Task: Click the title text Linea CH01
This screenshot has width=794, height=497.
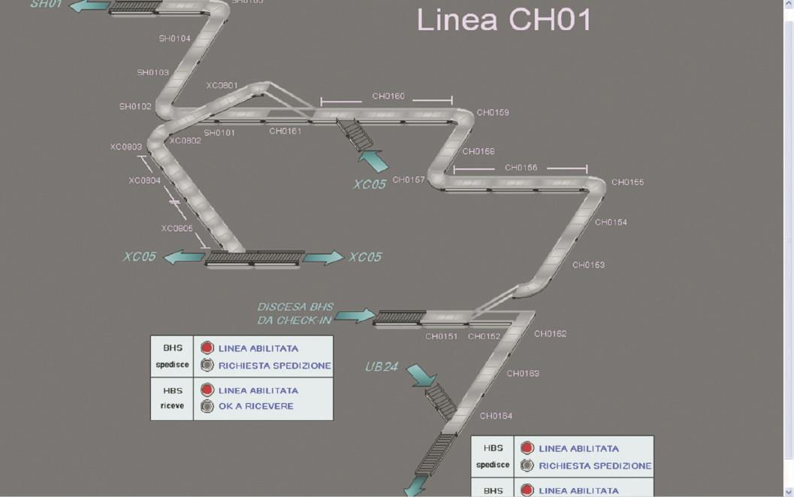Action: click(x=504, y=20)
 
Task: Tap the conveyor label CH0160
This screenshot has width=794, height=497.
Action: click(x=388, y=96)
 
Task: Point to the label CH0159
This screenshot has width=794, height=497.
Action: click(x=492, y=113)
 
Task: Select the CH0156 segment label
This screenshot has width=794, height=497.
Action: click(x=521, y=168)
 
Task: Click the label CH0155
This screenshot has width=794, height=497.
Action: click(x=627, y=182)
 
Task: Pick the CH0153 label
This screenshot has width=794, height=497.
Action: click(x=588, y=265)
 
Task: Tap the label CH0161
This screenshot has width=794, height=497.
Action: click(x=285, y=132)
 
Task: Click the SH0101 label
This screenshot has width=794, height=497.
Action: click(x=219, y=133)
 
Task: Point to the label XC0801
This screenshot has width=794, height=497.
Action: click(x=222, y=86)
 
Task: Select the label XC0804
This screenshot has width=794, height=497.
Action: click(x=144, y=180)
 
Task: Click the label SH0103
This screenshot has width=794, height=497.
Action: click(x=152, y=73)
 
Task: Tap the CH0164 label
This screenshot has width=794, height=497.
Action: click(x=496, y=416)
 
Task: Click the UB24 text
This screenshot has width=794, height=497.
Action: click(x=381, y=368)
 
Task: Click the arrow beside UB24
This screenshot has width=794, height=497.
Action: click(x=421, y=374)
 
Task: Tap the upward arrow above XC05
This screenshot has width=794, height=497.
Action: click(x=373, y=160)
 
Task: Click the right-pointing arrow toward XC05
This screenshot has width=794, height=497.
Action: click(x=324, y=257)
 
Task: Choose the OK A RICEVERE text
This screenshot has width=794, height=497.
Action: click(x=255, y=407)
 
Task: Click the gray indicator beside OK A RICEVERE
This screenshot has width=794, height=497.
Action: click(x=207, y=407)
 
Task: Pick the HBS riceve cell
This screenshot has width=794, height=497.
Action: click(x=172, y=399)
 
